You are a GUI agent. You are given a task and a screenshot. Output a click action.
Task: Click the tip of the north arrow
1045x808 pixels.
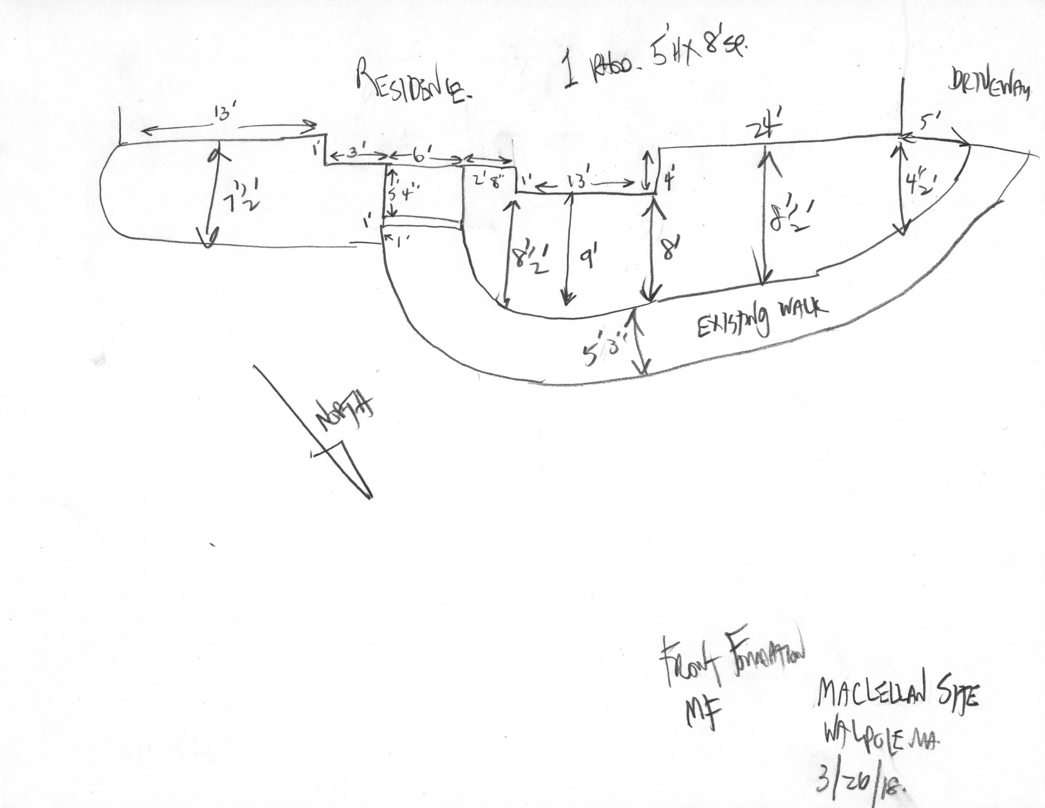370,498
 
